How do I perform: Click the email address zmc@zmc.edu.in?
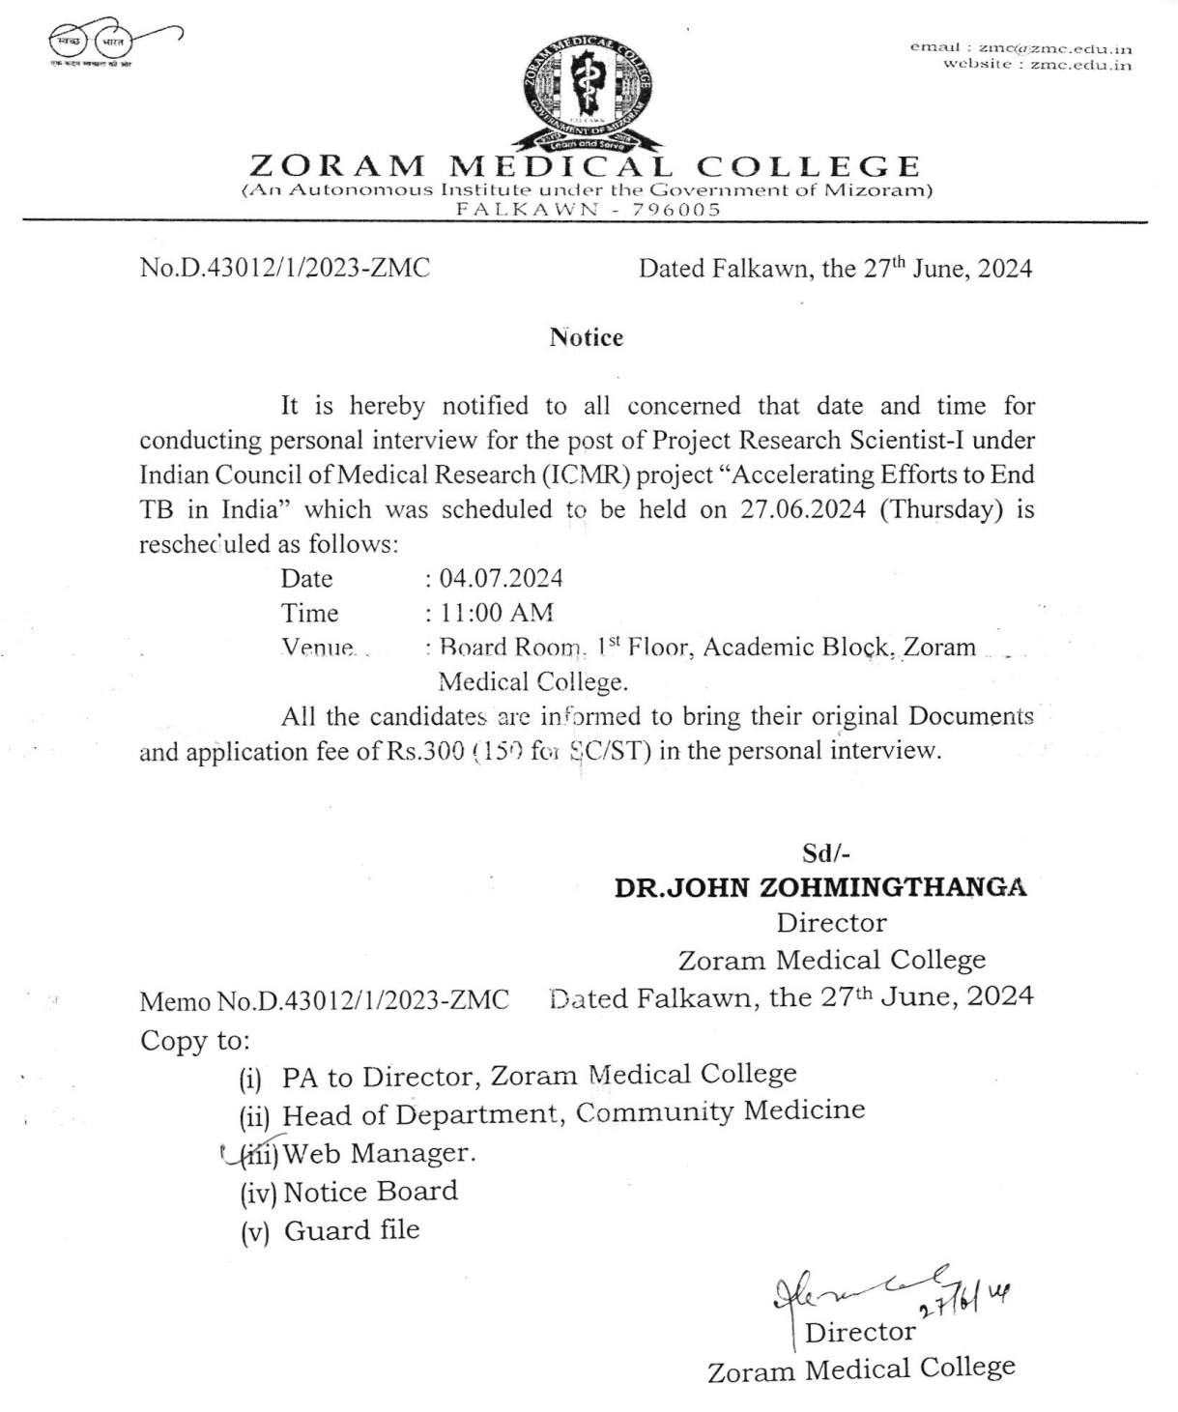pyautogui.click(x=1055, y=47)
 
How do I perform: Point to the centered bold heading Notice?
pyautogui.click(x=587, y=337)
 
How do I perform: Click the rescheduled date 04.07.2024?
pyautogui.click(x=501, y=578)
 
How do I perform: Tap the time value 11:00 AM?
pyautogui.click(x=497, y=613)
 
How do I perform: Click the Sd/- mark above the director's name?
pyautogui.click(x=826, y=852)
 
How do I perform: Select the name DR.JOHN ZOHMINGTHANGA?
pyautogui.click(x=820, y=887)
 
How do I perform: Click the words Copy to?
pyautogui.click(x=195, y=1041)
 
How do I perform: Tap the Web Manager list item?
pyautogui.click(x=379, y=1153)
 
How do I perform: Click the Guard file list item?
pyautogui.click(x=352, y=1230)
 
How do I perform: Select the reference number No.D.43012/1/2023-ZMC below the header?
pyautogui.click(x=285, y=268)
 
